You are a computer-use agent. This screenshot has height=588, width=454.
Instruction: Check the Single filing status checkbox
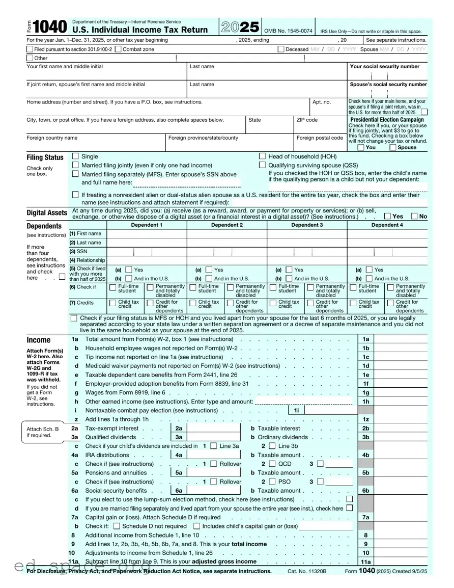coord(76,156)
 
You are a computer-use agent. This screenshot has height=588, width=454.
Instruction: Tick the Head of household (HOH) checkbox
coord(263,156)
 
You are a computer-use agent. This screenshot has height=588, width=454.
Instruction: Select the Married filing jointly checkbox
coord(76,165)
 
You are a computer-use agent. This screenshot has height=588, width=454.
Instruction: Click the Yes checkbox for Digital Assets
coord(388,216)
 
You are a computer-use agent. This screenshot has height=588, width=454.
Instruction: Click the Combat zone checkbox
coord(118,49)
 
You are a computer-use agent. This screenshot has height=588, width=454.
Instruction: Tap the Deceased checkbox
coord(281,49)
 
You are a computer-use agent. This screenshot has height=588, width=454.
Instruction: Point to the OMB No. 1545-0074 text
coord(288,31)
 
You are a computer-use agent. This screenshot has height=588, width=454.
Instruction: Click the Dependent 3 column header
coord(307,225)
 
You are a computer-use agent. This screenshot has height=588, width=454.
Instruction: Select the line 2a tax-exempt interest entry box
coord(213,429)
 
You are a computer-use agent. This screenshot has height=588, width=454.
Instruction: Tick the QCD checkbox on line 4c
coord(272,464)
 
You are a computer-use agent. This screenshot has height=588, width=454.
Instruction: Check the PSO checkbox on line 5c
coord(272,482)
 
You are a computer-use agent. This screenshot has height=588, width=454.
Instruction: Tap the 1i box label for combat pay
coord(296,410)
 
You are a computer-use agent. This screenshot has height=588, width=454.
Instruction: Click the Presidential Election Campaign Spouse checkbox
coord(393,147)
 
